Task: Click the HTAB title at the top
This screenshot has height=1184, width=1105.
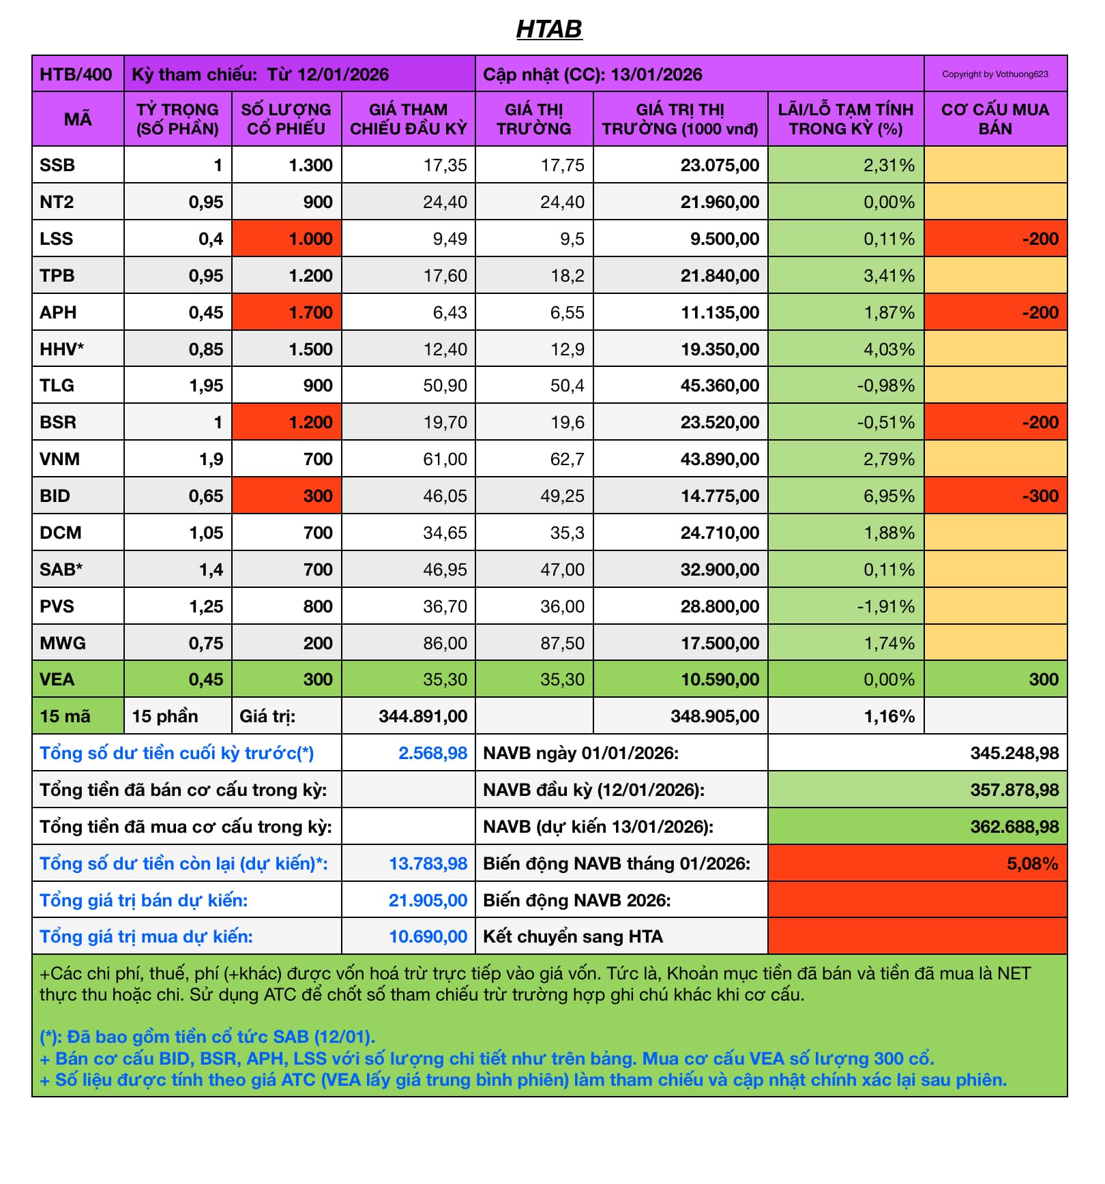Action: point(549,29)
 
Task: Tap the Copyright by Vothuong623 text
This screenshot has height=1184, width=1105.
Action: point(994,74)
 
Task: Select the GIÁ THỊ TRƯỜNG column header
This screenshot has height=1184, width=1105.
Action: point(533,119)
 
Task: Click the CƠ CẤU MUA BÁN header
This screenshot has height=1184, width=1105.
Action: point(994,119)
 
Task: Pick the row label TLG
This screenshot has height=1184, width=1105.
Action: point(57,386)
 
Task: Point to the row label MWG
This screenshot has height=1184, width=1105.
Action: point(62,643)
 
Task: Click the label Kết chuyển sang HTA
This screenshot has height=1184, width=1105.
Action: point(572,937)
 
